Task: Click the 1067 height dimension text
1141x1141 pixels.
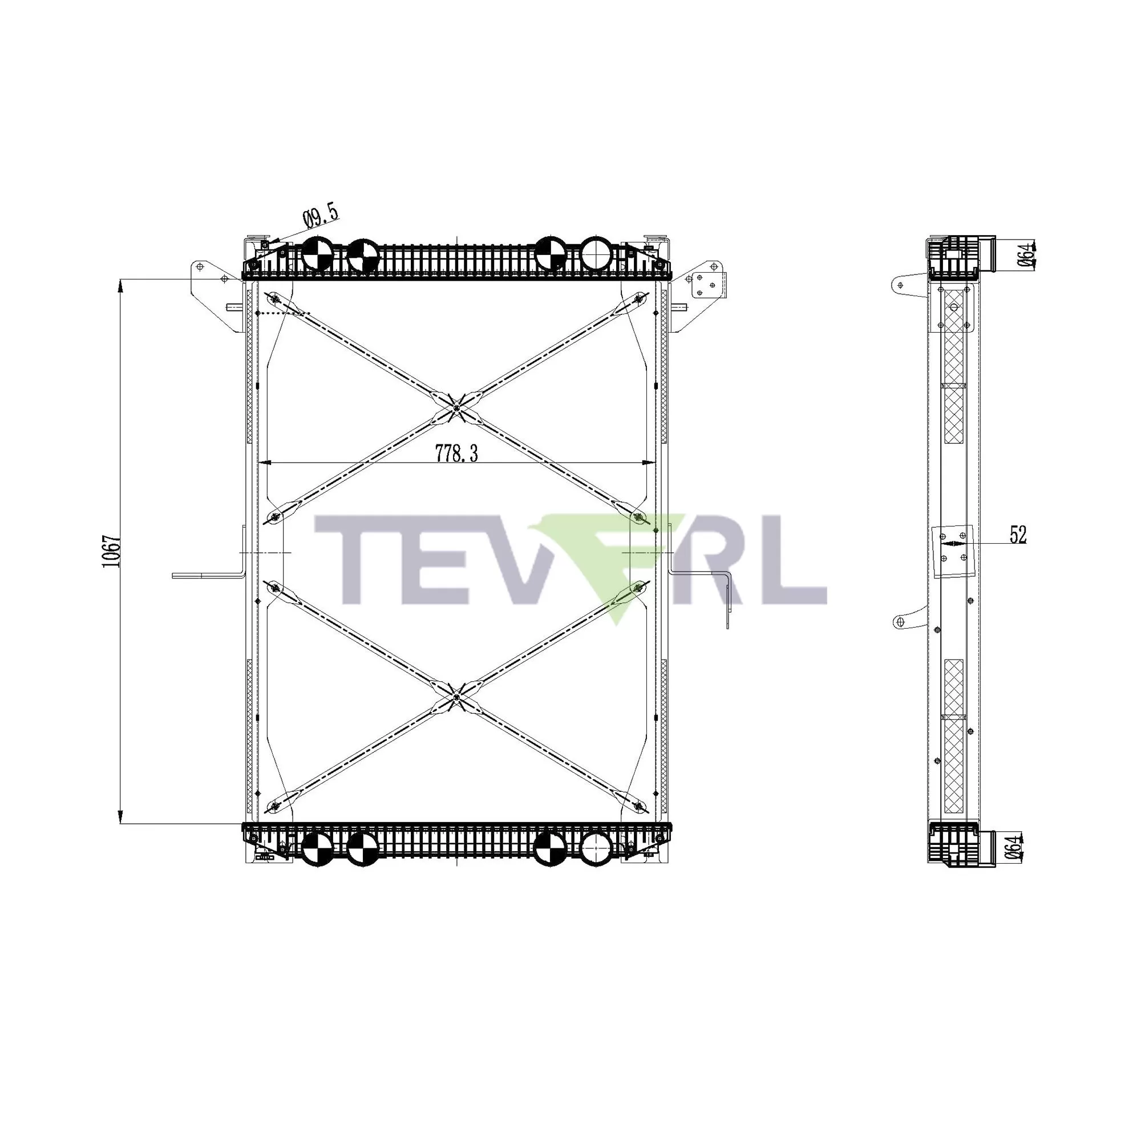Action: tap(112, 552)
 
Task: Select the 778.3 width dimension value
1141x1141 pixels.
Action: tap(456, 454)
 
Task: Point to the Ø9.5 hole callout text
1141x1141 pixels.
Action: tap(321, 216)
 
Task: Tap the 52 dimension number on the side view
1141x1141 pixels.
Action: tap(1018, 535)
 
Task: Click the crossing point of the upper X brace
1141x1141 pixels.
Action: tap(457, 407)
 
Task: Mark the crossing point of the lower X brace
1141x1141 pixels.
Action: tap(457, 698)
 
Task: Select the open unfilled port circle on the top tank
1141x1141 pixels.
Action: tap(597, 254)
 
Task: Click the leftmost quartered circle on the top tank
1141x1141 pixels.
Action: tap(317, 254)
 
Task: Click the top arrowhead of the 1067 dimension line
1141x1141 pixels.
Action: tap(120, 285)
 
